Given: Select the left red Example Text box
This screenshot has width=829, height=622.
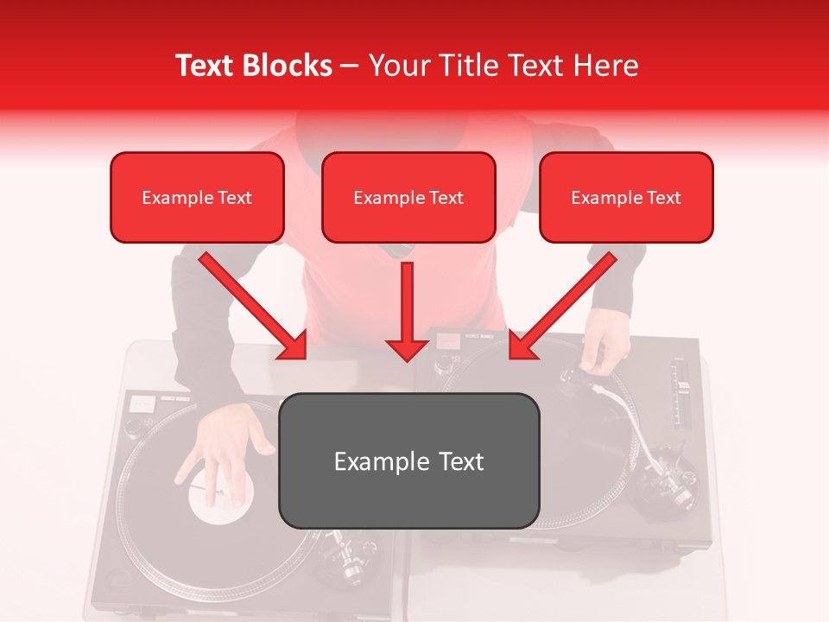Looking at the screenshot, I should [x=197, y=197].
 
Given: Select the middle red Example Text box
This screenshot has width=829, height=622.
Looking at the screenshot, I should [x=408, y=197].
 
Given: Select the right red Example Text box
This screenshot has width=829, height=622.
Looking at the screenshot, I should [x=626, y=197].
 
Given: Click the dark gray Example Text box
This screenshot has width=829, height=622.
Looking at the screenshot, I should [x=409, y=460].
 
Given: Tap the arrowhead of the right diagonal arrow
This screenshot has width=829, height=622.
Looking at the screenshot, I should [x=523, y=345].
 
